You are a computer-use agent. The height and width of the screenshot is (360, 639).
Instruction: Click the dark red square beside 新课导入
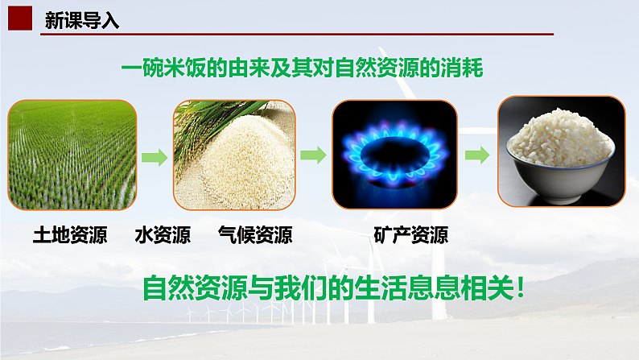click(23, 19)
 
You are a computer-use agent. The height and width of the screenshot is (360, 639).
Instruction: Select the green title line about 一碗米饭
click(303, 69)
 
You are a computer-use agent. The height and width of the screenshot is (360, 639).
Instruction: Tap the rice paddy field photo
click(72, 154)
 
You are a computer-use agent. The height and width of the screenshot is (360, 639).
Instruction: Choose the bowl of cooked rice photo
click(560, 151)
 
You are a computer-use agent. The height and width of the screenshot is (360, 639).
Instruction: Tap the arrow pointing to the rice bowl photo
click(477, 155)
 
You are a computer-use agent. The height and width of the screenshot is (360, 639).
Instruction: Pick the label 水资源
click(164, 235)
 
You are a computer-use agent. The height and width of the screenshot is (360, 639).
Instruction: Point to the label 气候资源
click(255, 235)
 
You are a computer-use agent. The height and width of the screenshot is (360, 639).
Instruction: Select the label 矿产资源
click(411, 235)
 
